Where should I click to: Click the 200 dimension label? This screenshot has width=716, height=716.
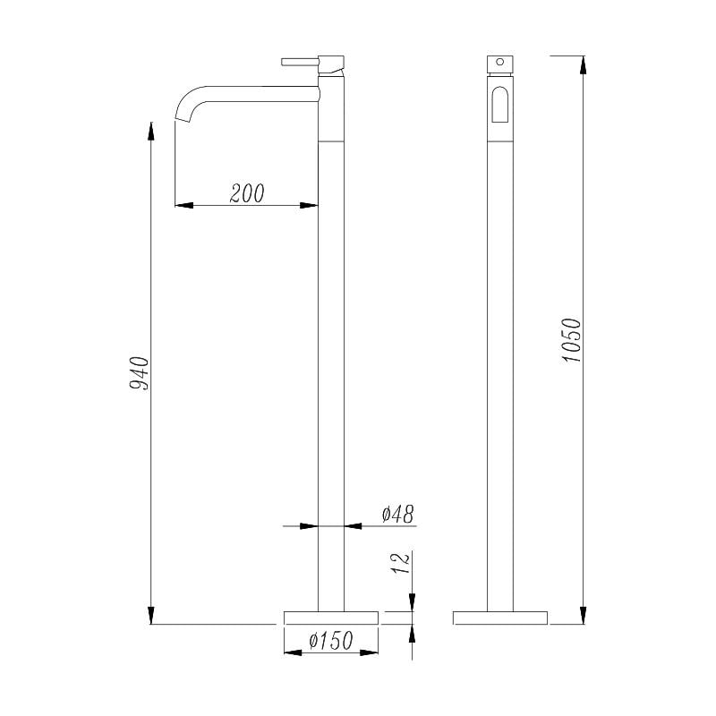tap(247, 193)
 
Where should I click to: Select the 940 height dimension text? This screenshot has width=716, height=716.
tap(140, 373)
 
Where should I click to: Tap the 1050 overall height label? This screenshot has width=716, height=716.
tap(571, 340)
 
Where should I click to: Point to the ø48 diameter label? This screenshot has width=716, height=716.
tap(397, 514)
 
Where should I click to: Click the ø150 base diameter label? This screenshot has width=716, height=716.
tap(331, 640)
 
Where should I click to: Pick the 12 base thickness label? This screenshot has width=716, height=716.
tap(400, 563)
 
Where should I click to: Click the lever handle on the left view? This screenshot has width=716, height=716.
tap(300, 62)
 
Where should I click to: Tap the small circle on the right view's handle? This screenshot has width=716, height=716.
tap(500, 62)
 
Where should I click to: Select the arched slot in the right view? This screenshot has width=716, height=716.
tap(500, 105)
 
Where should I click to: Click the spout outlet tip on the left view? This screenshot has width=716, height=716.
tap(183, 120)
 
